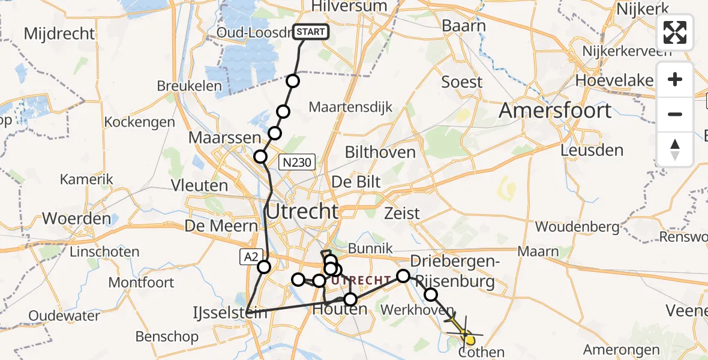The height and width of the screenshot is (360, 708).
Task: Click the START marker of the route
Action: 311,32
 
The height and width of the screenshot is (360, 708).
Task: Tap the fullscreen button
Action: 675,32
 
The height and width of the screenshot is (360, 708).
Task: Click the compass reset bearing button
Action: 675,149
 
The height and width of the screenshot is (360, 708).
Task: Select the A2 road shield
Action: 250,257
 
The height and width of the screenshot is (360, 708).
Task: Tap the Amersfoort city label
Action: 555,110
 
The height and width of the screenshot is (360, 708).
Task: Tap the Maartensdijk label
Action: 350,107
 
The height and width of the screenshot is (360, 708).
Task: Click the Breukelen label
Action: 189,86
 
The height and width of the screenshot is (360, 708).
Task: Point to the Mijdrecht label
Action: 59,33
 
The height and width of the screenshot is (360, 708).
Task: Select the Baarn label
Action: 464,26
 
